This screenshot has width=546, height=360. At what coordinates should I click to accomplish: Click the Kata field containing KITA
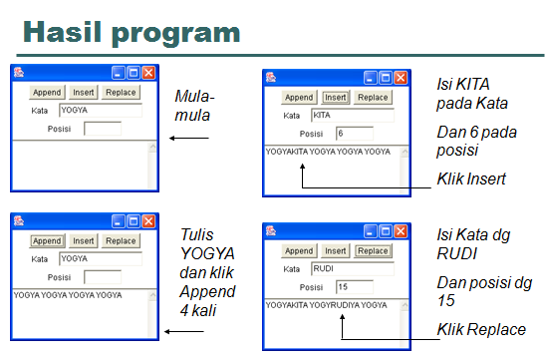pos(352,116)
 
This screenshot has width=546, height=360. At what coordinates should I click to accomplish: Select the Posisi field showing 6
pos(354,133)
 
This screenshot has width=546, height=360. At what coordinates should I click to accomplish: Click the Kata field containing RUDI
pos(352,269)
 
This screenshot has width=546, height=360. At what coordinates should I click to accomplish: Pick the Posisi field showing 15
pos(354,287)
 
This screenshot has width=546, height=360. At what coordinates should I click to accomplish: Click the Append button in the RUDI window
pos(299,251)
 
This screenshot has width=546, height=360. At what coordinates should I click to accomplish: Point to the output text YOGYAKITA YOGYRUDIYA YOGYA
pos(326,305)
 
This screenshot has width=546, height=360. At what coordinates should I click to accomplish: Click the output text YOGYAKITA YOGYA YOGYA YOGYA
pos(328,152)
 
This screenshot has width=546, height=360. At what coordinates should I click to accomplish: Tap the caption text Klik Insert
pos(472,180)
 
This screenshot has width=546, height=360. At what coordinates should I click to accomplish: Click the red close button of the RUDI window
pos(402,230)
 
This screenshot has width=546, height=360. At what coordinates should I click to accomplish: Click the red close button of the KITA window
pos(402,77)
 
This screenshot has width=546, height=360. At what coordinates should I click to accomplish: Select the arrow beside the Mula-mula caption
pos(188,139)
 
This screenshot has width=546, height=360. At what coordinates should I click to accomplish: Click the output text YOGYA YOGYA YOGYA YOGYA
pos(68,295)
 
